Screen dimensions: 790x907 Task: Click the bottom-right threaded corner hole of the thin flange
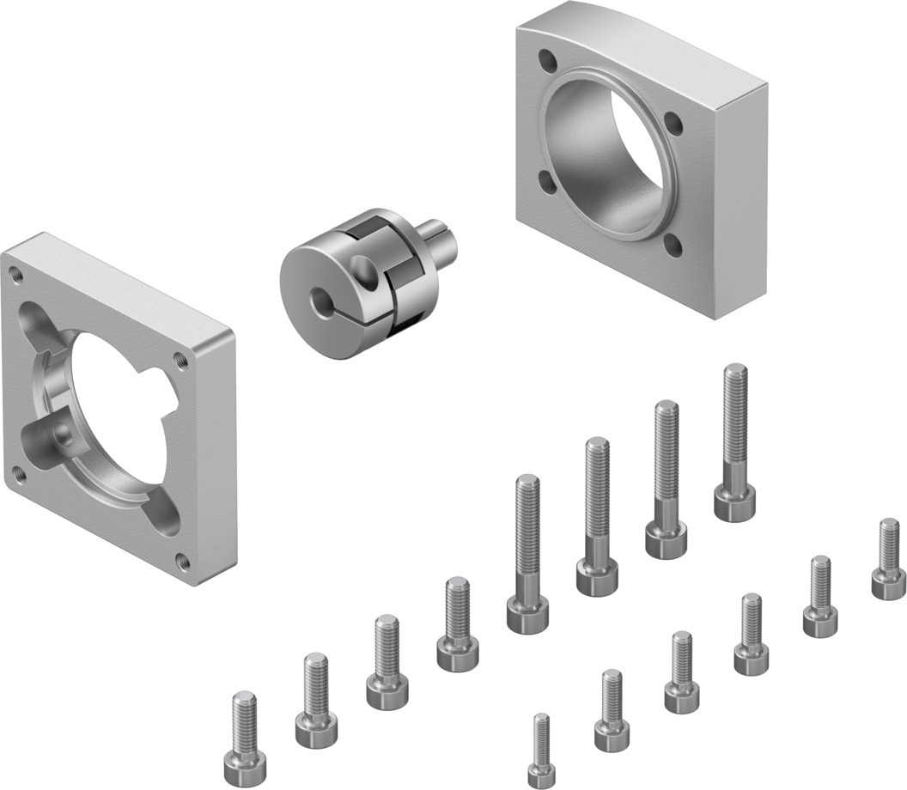(x=183, y=562)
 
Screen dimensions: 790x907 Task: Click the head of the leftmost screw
(x=245, y=761)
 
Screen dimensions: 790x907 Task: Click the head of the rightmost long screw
(x=734, y=502)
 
